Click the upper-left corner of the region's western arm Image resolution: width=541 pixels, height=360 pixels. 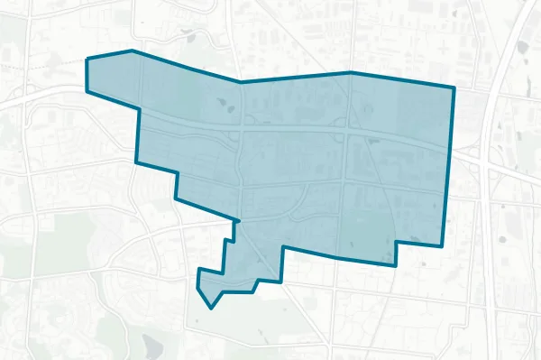coord(87,60)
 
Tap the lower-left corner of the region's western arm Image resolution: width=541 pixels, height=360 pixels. coord(87,91)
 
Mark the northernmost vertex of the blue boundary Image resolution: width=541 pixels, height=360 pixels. coord(133,51)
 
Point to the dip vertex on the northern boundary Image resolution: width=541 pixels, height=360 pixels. coord(240,82)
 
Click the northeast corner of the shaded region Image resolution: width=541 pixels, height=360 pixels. coord(454,88)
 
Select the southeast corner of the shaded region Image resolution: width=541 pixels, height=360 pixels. coord(443,245)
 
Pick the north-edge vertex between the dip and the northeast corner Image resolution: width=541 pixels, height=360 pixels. coord(350,72)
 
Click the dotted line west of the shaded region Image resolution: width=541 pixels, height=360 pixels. coord(41,64)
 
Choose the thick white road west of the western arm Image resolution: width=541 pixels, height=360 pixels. coord(45,95)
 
